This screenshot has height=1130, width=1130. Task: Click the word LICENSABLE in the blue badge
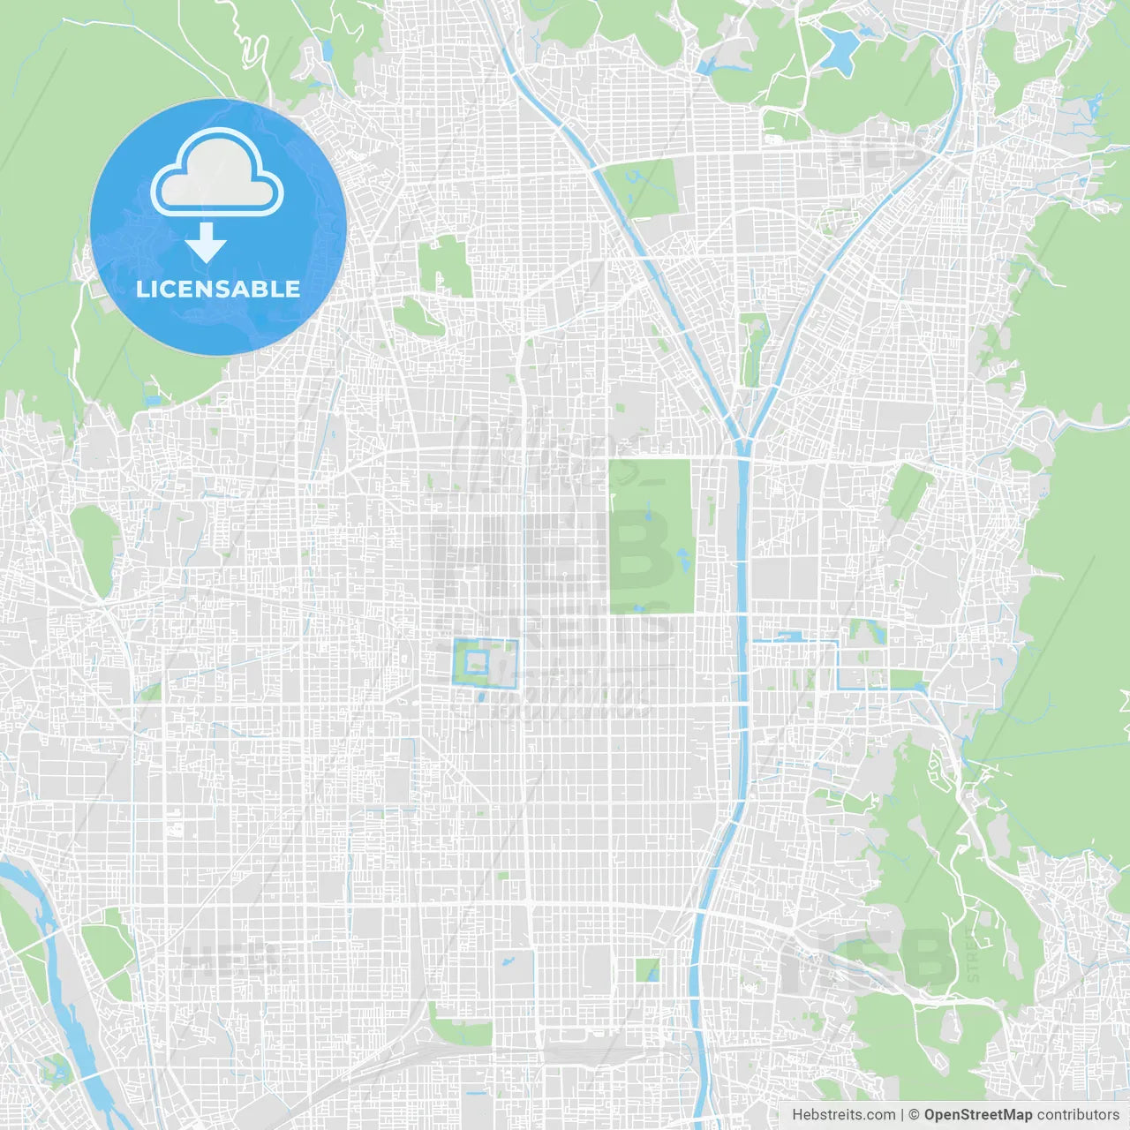pyautogui.click(x=218, y=289)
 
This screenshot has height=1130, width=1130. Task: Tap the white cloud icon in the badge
pyautogui.click(x=217, y=173)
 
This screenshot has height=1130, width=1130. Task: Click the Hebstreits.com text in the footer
pyautogui.click(x=843, y=1115)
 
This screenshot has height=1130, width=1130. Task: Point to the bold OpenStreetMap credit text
pyautogui.click(x=977, y=1115)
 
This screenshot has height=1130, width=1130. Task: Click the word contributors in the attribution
pyautogui.click(x=1078, y=1115)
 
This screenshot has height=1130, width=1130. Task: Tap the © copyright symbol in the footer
pyautogui.click(x=914, y=1115)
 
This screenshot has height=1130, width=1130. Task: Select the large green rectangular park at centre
pyautogui.click(x=651, y=536)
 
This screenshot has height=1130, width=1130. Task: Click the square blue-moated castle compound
pyautogui.click(x=485, y=662)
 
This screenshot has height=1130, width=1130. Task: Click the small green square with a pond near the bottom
pyautogui.click(x=647, y=970)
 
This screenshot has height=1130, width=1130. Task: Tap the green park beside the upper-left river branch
pyautogui.click(x=643, y=187)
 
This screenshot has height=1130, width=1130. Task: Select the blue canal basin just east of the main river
pyautogui.click(x=788, y=636)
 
